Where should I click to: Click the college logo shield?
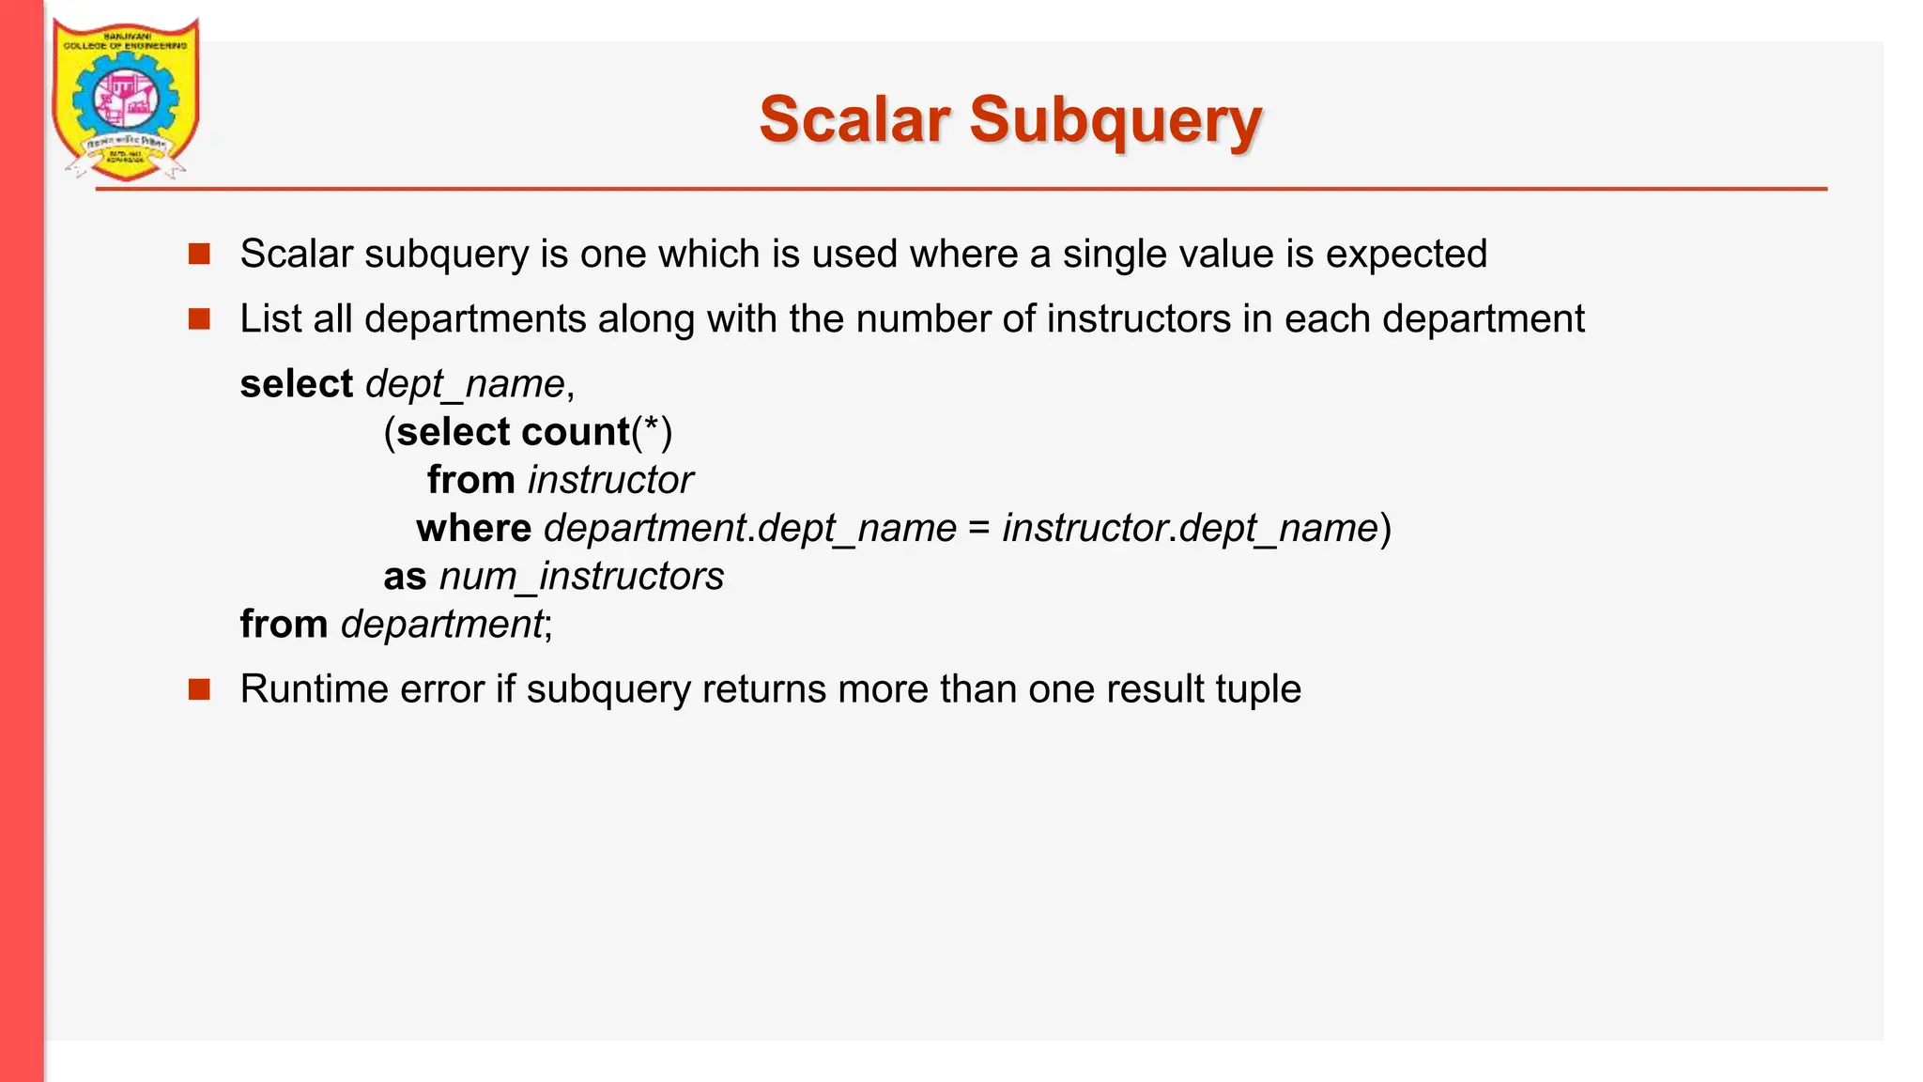[125, 99]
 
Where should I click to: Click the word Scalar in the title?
[854, 120]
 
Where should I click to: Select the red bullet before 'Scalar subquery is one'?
[199, 254]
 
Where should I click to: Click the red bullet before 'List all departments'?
[199, 319]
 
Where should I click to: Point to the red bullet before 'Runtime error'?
[199, 689]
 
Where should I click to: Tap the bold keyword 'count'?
[575, 432]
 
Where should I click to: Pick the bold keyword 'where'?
[474, 528]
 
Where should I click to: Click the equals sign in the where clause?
[979, 529]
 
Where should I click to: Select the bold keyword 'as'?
[405, 577]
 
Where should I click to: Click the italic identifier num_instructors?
[581, 577]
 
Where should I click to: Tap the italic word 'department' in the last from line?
[441, 625]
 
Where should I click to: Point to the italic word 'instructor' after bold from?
[610, 480]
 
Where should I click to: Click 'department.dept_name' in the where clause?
[750, 529]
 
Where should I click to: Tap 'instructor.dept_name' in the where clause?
[1190, 529]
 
